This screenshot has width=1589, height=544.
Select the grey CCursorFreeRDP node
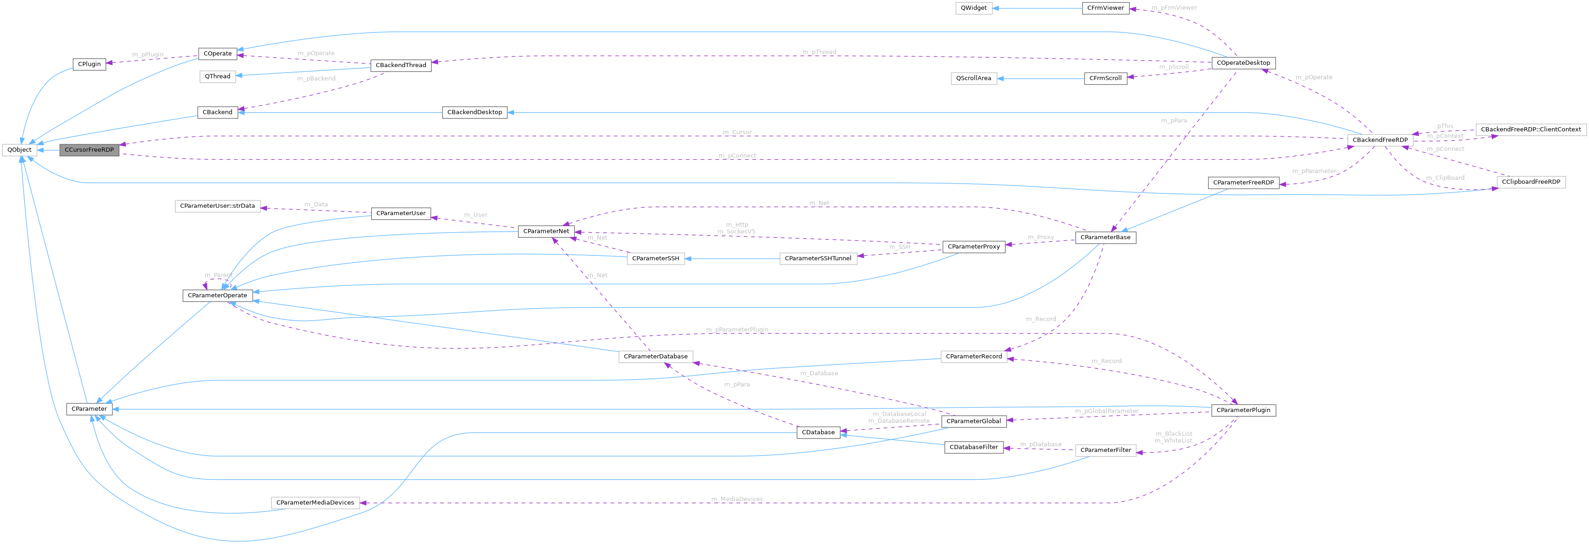89,150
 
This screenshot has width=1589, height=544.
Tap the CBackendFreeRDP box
1379,140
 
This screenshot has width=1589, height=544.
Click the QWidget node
973,8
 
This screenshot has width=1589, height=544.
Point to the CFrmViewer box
1105,8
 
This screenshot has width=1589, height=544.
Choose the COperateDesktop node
1243,63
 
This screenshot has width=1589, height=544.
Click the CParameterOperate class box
217,296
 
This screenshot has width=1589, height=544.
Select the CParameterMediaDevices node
315,503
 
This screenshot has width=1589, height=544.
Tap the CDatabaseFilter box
973,447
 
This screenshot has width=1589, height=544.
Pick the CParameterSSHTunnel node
818,259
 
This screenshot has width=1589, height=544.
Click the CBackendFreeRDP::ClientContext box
1530,130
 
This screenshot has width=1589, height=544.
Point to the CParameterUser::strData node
217,206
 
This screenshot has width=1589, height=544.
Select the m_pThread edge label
819,52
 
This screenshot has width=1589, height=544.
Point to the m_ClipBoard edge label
1445,178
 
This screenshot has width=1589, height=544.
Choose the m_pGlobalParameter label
1106,411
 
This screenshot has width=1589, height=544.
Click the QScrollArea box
973,78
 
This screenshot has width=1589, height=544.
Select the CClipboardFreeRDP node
1530,182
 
